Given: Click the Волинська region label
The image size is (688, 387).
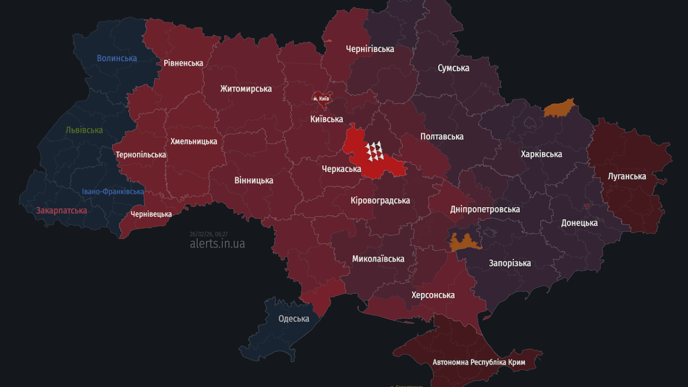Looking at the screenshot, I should pos(117,58).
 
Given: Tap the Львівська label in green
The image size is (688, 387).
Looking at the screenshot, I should pos(84,130).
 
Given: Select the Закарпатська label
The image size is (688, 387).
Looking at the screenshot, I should pos(61,210).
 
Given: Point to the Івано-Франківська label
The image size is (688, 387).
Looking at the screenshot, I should pos(113,191).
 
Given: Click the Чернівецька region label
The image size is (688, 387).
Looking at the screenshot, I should pos(151,214).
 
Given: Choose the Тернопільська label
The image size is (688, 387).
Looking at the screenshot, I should pos(141,155).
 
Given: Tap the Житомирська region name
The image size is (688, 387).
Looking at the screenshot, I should pos(246,89).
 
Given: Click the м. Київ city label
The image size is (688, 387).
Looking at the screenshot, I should pos(321,99).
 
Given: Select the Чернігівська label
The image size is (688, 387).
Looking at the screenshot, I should pos(370,49).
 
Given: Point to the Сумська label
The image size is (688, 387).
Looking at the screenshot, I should pos(453,68).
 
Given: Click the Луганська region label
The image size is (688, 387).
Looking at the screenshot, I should pos(627,176).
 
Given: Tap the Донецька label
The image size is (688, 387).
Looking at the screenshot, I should pos(579,223).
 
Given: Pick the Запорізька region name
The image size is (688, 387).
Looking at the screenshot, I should pos(510,263).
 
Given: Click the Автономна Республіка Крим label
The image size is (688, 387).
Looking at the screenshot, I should pos(478,362).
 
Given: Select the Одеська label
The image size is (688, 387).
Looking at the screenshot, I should pos(293,318).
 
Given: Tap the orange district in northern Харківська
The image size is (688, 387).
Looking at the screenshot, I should pos(559,108).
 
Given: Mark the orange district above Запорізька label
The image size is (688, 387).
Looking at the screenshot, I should pos(465,242).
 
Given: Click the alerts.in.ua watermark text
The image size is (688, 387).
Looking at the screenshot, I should pos(217,243).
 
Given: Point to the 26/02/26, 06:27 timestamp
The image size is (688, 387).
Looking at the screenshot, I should pos(209,234).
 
